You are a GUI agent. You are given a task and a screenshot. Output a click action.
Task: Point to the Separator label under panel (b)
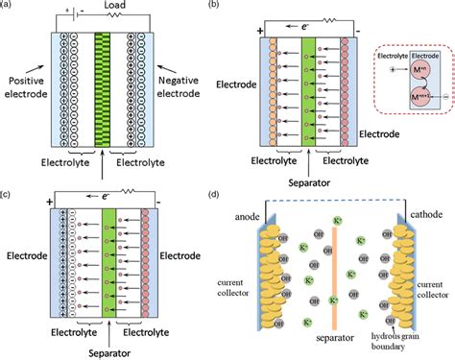308,180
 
